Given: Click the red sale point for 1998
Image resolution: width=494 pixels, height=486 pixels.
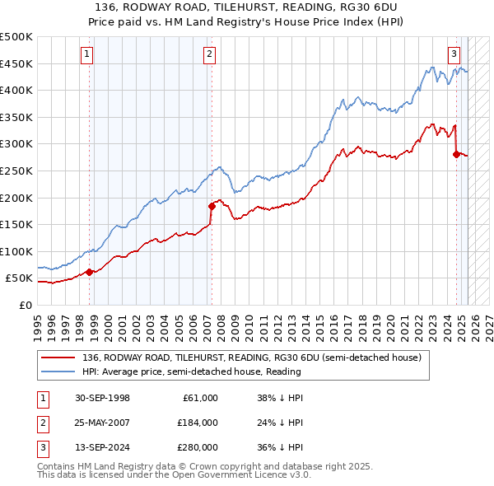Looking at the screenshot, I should pos(89,272).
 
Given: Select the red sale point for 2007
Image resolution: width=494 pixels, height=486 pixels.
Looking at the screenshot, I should pos(212,206).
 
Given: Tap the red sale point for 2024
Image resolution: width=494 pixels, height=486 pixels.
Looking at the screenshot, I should pos(456,154).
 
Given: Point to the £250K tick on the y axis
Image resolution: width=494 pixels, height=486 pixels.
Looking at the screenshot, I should pos(16,171).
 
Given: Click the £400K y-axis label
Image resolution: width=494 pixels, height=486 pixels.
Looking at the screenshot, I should pos(16,91).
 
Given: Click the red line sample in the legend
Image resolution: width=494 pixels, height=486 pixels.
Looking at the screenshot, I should pos(58,357).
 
